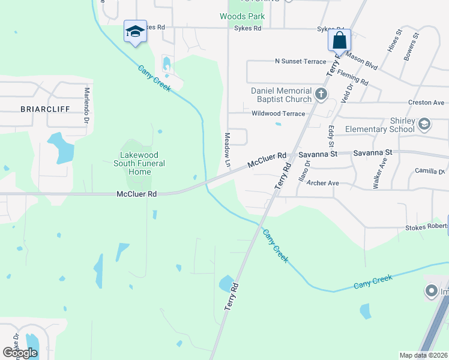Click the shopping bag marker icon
click(x=339, y=41)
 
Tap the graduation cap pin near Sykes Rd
click(x=135, y=31)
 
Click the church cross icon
click(x=321, y=94)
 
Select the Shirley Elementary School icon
click(x=424, y=124)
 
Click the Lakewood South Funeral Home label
click(x=140, y=163)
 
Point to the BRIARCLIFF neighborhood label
click(x=45, y=109)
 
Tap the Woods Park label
click(x=242, y=16)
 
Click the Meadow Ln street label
click(x=228, y=150)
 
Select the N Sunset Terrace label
click(x=300, y=61)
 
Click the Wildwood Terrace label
click(x=278, y=113)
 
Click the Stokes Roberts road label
click(x=426, y=227)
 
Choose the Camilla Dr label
click(x=429, y=171)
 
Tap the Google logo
click(x=20, y=353)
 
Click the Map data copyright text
click(x=424, y=355)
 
